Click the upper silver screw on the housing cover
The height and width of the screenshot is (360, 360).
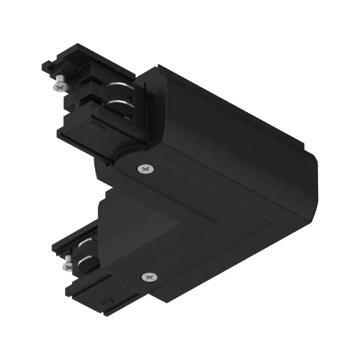click(x=145, y=168)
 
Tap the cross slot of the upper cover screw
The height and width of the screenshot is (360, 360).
click(x=145, y=168)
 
